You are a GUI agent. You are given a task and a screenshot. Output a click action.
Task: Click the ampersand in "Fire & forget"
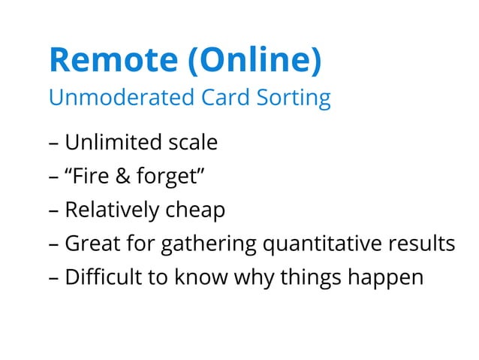[x=125, y=176]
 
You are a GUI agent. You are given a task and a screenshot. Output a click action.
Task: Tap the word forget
[x=170, y=177]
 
